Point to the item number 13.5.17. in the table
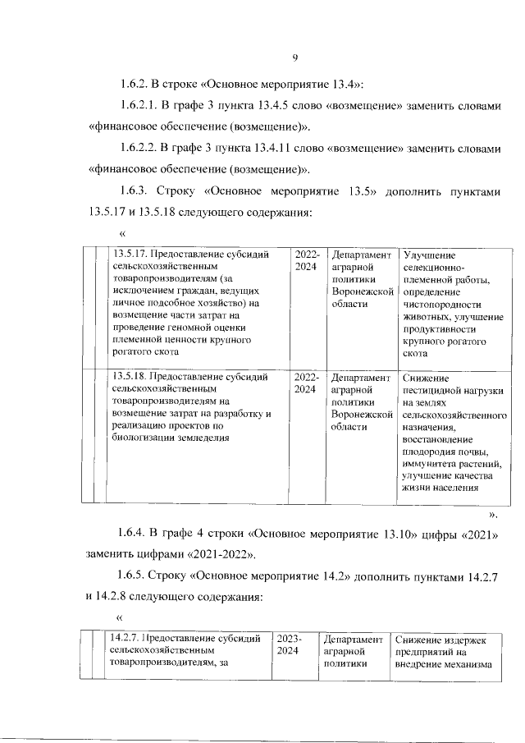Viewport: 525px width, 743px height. coord(130,255)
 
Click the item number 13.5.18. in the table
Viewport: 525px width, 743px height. coord(130,378)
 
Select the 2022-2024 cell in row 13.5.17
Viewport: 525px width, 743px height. coord(305,261)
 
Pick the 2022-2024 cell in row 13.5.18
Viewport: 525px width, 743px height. coord(305,383)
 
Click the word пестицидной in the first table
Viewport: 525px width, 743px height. coord(433,391)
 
